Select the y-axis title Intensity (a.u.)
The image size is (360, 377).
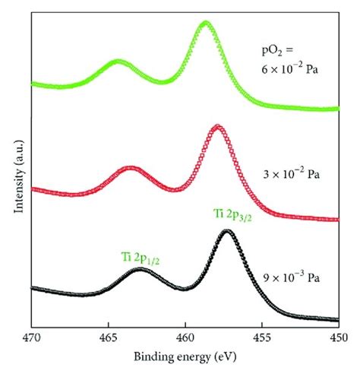pos(15,171)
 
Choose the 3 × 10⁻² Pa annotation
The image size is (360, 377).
pos(294,174)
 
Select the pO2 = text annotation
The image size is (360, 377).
pos(278,53)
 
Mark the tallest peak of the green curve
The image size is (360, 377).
pos(205,23)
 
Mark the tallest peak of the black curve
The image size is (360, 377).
pos(226,231)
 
